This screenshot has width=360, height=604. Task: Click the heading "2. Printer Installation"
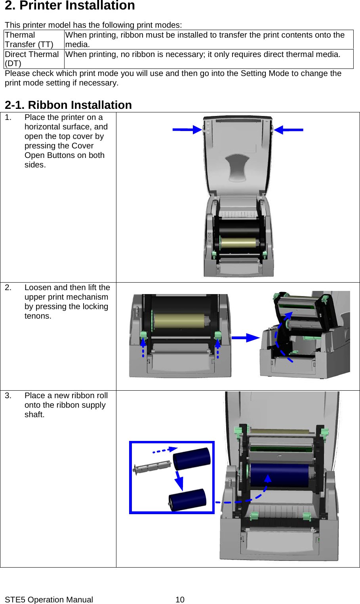point(70,6)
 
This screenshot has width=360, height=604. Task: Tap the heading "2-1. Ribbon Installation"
point(68,105)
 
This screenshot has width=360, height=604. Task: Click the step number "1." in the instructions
point(8,118)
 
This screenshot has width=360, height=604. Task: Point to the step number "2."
point(8,288)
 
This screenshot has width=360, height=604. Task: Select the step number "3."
point(8,396)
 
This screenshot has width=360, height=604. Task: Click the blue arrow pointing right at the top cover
point(187,129)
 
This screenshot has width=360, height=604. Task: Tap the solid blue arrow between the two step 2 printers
point(245,338)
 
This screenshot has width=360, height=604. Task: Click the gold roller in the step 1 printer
point(238,243)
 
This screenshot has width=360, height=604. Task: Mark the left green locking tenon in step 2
point(143,336)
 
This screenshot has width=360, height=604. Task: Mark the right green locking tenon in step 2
point(217,335)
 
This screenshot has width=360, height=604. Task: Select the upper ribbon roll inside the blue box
point(192,459)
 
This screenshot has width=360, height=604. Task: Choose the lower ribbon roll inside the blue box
point(188,500)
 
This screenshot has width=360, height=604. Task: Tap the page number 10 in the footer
point(180,600)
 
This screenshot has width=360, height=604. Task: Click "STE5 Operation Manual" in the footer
point(49,600)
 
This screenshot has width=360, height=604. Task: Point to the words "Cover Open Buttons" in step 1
point(65,151)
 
